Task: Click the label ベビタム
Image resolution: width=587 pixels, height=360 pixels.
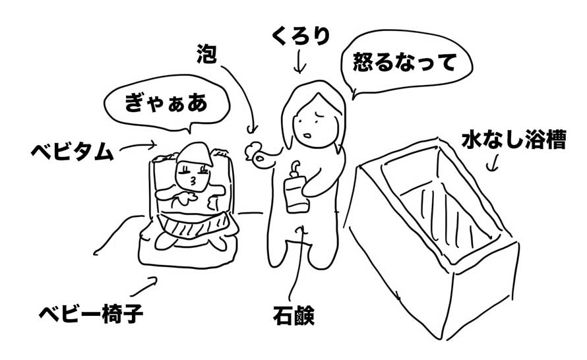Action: point(72,152)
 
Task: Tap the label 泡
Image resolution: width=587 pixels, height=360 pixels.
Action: point(206,53)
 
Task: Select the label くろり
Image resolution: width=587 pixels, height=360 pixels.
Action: point(301,36)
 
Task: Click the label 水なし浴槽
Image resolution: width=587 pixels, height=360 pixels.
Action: point(514,139)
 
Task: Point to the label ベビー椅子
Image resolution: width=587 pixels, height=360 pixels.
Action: point(91,314)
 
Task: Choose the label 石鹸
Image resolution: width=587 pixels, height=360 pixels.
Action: point(293,316)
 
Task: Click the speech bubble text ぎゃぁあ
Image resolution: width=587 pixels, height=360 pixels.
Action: point(166,103)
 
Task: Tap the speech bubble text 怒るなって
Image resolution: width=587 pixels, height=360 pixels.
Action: point(404,62)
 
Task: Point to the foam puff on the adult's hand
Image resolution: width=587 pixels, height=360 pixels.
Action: point(251,150)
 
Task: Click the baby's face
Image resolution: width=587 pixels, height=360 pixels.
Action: point(193,176)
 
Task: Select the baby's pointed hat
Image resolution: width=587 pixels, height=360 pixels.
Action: point(195,154)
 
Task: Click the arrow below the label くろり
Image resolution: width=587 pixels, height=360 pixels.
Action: point(299,62)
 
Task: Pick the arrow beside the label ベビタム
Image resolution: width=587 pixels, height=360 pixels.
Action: point(137,146)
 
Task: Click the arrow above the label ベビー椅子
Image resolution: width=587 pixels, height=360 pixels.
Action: point(144,287)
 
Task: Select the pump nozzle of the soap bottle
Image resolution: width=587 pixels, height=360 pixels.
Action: point(295,166)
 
